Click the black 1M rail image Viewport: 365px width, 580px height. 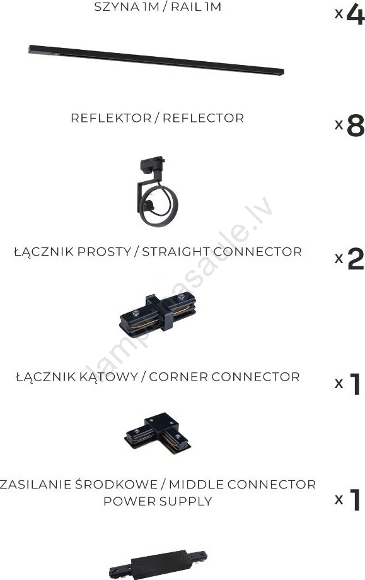pyautogui.click(x=156, y=60)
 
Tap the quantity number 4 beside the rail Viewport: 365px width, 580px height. pyautogui.click(x=356, y=14)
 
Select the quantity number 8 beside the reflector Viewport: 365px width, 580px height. pyautogui.click(x=356, y=126)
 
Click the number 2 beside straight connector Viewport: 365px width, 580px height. pyautogui.click(x=356, y=259)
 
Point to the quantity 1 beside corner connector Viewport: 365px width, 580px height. pyautogui.click(x=355, y=384)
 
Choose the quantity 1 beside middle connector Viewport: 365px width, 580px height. pyautogui.click(x=355, y=500)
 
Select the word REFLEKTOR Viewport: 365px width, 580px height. pyautogui.click(x=111, y=118)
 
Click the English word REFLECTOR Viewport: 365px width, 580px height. pyautogui.click(x=203, y=118)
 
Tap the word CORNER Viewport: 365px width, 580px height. pyautogui.click(x=179, y=377)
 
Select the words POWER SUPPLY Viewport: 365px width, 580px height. pyautogui.click(x=158, y=502)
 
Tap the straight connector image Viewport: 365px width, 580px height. pyautogui.click(x=158, y=314)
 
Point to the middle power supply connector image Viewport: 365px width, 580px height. pyautogui.click(x=158, y=565)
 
